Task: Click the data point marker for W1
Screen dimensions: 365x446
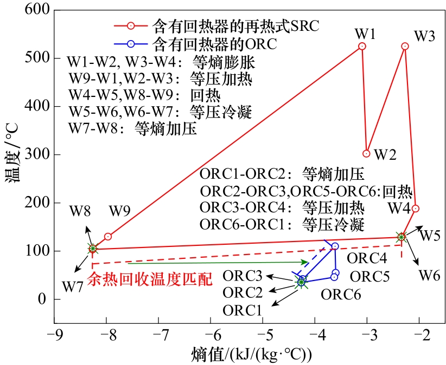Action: click(362, 47)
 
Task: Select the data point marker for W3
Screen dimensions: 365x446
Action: click(405, 47)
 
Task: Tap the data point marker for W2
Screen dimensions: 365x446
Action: click(367, 154)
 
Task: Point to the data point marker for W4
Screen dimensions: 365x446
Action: click(415, 208)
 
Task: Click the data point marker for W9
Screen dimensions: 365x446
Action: click(108, 237)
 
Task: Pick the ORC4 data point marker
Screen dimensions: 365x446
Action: click(335, 246)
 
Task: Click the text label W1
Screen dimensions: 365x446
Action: click(365, 34)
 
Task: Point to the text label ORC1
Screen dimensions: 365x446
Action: click(243, 310)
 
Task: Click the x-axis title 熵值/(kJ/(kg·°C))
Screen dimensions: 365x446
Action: click(251, 355)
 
